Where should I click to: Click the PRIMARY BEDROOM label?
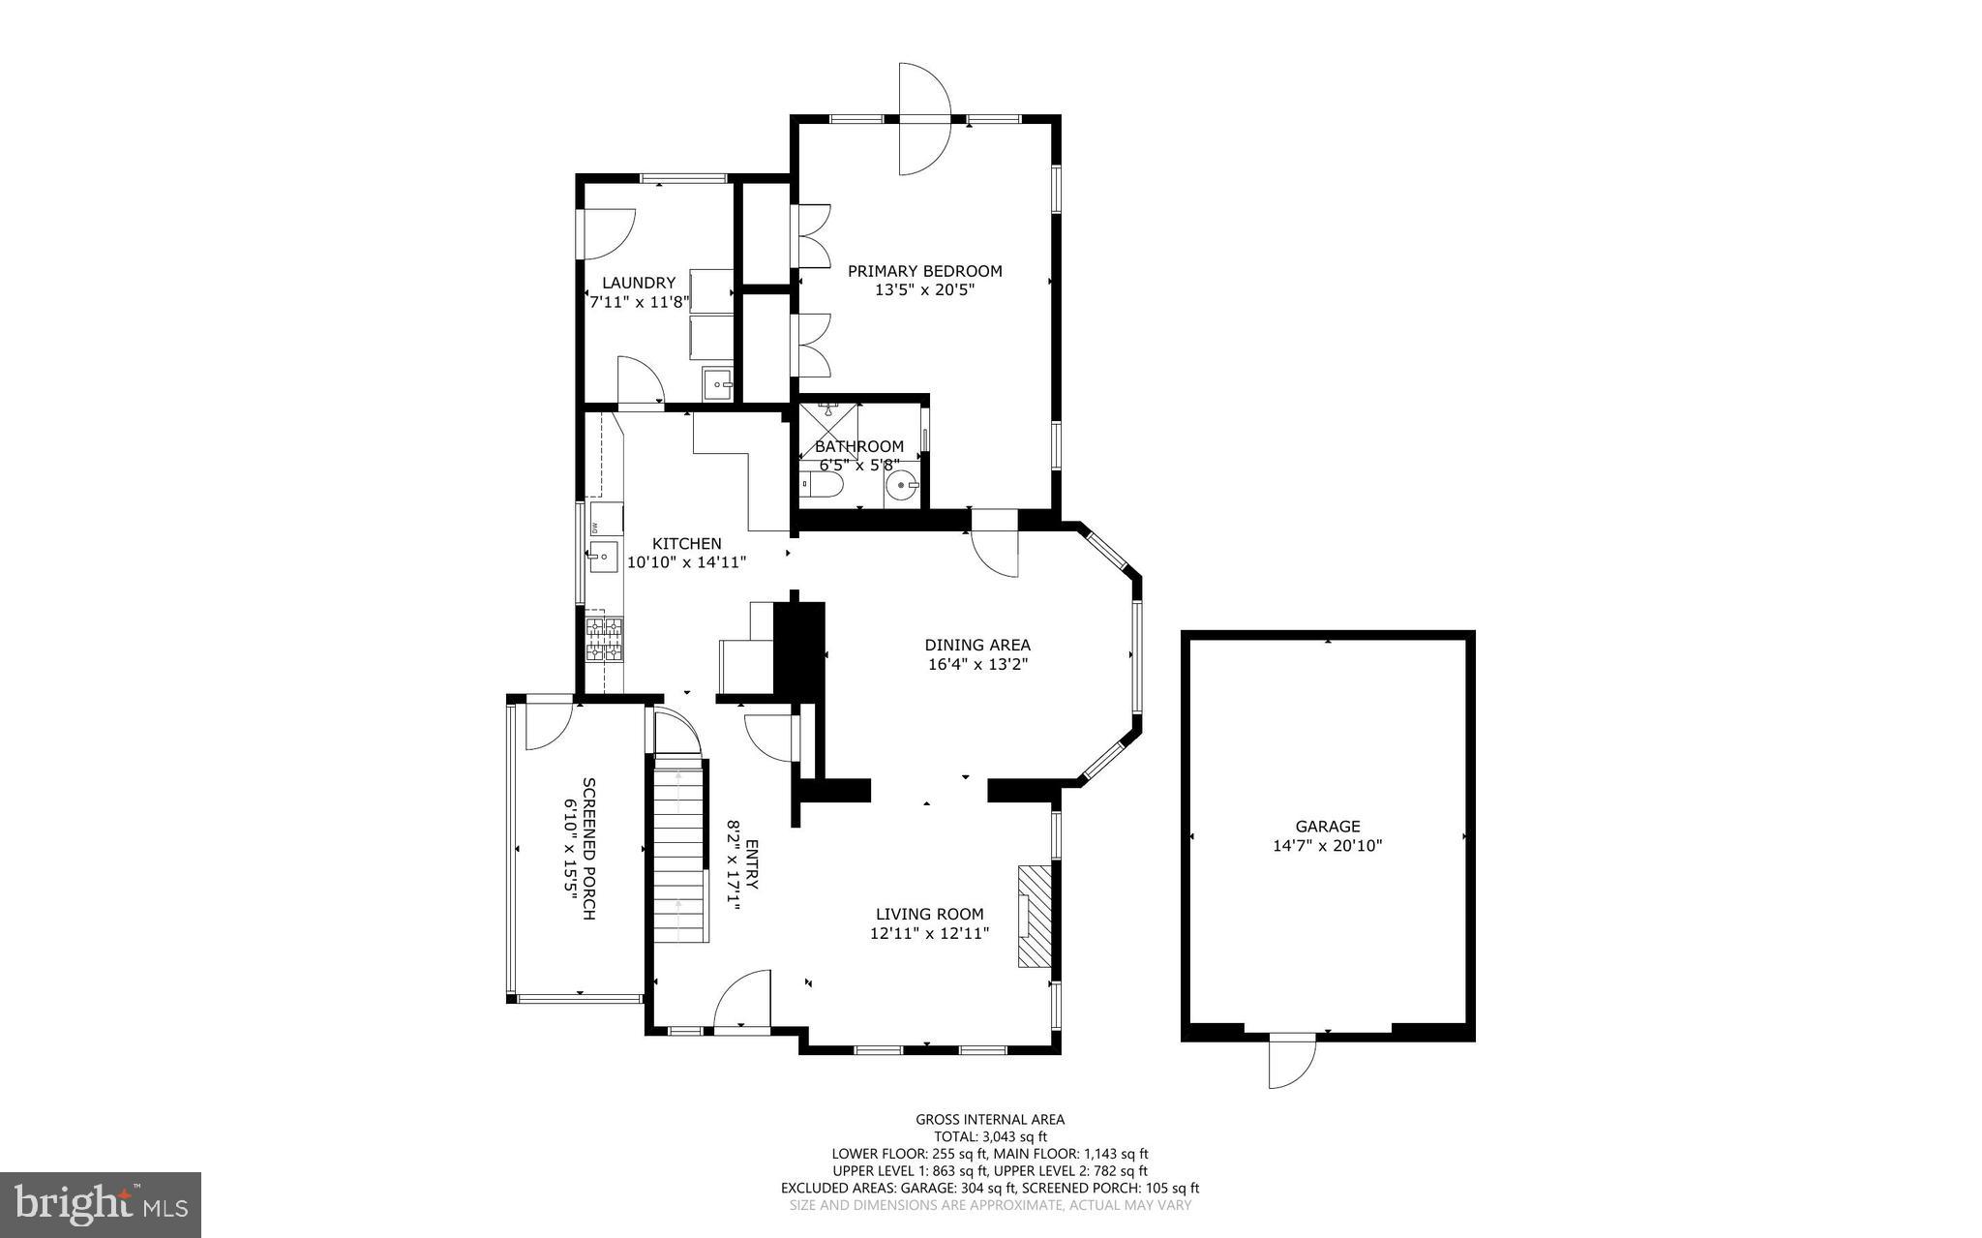coord(924,271)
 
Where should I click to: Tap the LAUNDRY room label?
coord(639,283)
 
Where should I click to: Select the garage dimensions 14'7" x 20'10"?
coord(1327,845)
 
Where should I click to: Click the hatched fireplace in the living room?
coord(1033,916)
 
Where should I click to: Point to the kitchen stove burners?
coord(604,639)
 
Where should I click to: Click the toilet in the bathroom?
coord(823,483)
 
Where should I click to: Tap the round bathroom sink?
coord(902,484)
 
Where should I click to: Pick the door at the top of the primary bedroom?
coord(924,119)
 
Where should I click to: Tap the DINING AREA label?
coord(976,645)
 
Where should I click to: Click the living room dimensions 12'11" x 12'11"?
coord(929,933)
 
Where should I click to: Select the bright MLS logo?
coord(101,1204)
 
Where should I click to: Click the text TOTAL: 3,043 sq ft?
coord(990,1136)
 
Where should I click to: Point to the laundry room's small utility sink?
coord(718,384)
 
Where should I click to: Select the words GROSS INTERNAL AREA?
coord(990,1119)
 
